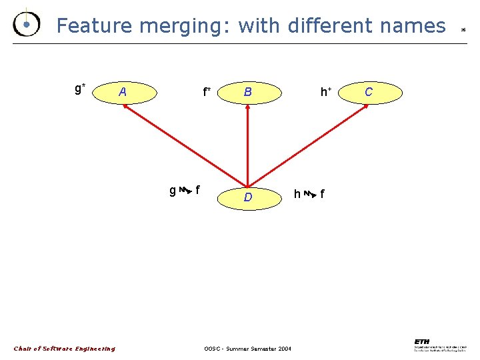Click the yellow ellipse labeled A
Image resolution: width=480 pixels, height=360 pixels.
(129, 92)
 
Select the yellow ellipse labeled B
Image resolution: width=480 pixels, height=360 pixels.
(247, 92)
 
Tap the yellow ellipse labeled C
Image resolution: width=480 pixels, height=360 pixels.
(369, 92)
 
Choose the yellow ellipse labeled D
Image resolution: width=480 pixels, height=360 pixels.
(247, 197)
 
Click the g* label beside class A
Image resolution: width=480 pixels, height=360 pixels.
(79, 87)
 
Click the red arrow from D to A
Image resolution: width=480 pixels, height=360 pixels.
(185, 145)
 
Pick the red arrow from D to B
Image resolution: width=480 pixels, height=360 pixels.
(247, 145)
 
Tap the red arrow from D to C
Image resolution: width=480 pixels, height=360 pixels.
(300, 145)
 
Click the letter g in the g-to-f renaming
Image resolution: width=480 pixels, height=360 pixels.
(173, 191)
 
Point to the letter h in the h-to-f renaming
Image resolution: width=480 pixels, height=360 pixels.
(297, 194)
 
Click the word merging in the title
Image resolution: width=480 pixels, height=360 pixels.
(186, 27)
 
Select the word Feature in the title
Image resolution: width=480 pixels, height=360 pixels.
(93, 26)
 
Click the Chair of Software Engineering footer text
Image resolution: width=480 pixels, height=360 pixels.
(65, 349)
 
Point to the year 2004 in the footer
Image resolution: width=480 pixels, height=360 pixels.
(283, 349)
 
